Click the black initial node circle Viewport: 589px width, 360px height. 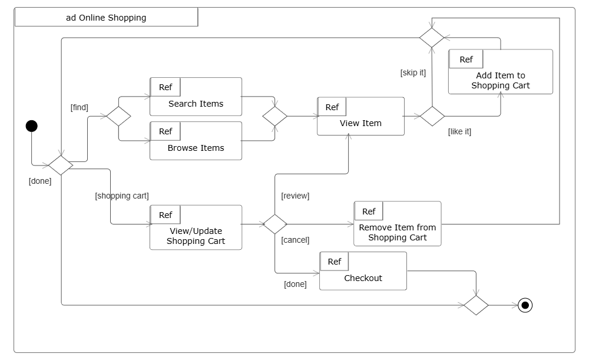32,125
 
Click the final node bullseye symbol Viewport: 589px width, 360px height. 525,305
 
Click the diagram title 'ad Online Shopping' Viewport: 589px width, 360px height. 106,18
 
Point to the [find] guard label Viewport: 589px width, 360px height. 79,107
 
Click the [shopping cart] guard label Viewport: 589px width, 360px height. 122,196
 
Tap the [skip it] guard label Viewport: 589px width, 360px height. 412,73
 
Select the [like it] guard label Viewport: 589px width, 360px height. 459,131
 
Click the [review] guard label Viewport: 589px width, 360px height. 295,196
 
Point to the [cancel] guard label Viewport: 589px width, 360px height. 295,240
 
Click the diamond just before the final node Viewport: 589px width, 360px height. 476,305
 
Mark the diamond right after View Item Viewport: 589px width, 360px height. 432,116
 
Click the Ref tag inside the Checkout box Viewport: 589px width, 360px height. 334,262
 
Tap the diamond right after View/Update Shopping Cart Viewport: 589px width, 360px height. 274,224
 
